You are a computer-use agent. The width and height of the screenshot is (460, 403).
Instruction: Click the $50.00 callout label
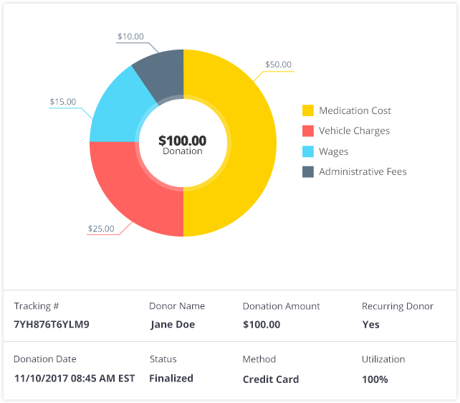click(278, 65)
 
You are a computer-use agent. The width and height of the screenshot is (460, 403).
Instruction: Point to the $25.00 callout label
click(101, 229)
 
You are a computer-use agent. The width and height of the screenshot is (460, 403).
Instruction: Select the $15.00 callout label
click(62, 102)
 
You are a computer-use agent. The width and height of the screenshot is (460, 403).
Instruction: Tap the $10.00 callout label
click(130, 37)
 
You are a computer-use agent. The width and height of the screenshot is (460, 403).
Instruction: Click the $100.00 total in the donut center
click(182, 141)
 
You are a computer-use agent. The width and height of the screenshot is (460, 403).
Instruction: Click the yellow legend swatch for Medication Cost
click(308, 111)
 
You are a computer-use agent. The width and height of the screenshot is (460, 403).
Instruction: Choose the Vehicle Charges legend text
click(354, 131)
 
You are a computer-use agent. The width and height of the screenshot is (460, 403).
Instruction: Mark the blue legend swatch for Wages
click(308, 151)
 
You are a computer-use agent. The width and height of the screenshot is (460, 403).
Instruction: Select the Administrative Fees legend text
click(363, 171)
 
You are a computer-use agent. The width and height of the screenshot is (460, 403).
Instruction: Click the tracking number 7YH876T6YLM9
click(52, 324)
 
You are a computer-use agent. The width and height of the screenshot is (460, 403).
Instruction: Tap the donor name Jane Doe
click(173, 324)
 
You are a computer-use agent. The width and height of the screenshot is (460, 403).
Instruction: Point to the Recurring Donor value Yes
click(370, 324)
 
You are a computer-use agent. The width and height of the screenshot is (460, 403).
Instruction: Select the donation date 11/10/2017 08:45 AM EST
click(74, 379)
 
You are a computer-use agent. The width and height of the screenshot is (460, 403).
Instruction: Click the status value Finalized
click(172, 378)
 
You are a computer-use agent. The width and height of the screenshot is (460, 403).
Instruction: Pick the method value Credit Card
click(271, 379)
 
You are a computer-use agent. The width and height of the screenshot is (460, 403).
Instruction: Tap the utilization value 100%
click(375, 379)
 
